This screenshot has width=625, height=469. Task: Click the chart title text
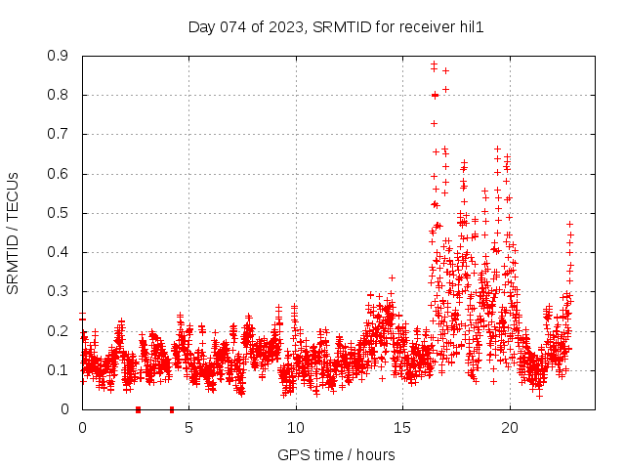coord(336,27)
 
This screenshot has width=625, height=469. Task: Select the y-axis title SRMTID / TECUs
coord(13,233)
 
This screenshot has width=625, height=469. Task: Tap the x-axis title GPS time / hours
coord(336,454)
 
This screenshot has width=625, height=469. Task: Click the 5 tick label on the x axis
coord(188,427)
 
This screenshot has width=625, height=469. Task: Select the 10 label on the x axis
coord(296,427)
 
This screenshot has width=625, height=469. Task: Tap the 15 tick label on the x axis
coord(402,427)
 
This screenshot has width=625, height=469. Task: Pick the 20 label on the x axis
coord(510,427)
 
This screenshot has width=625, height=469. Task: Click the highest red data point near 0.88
coord(434,64)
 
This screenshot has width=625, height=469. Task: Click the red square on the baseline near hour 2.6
coord(138,409)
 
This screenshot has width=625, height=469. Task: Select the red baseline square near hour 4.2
coord(172,409)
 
